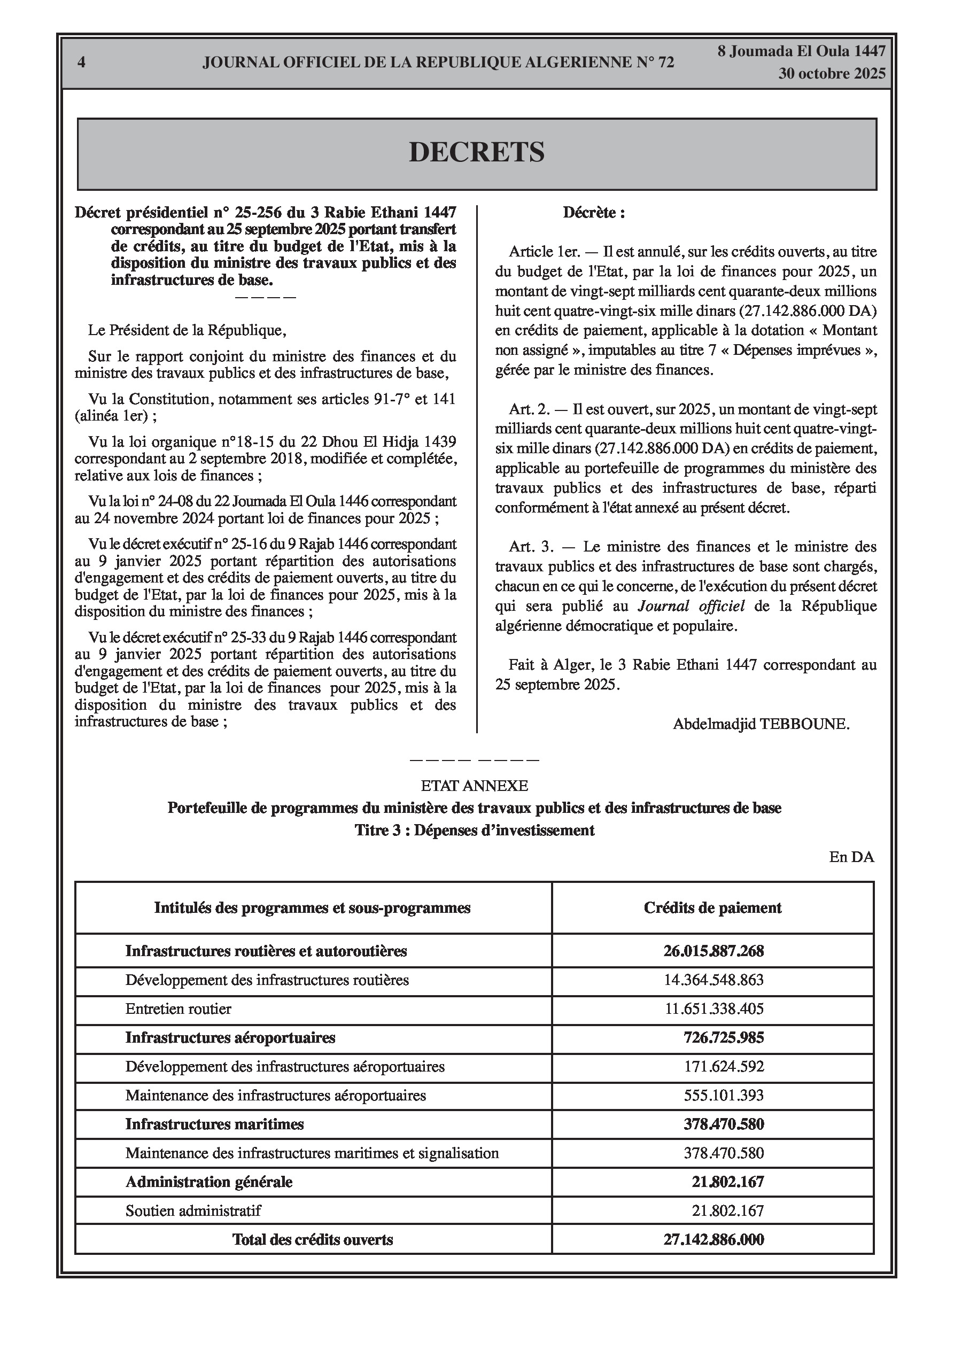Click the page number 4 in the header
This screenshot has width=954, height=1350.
click(81, 63)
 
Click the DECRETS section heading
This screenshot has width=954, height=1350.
click(476, 152)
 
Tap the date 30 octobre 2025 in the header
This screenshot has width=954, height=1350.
click(832, 74)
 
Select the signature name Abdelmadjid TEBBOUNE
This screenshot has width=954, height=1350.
click(761, 724)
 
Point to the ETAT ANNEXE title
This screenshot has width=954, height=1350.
click(474, 786)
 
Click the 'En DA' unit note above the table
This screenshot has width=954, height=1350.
click(851, 857)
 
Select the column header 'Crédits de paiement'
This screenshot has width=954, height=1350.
click(712, 908)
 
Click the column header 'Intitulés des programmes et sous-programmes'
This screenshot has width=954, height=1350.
click(312, 908)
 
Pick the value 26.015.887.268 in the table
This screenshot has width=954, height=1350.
click(713, 951)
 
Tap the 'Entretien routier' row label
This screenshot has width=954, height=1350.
click(178, 1009)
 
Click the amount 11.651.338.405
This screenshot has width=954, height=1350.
click(714, 1009)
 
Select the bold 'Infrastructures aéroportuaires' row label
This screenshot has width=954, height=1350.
click(230, 1038)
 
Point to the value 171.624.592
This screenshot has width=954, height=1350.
click(724, 1067)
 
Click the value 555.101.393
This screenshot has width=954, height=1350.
click(724, 1096)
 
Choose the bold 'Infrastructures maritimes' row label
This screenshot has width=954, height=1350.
click(214, 1124)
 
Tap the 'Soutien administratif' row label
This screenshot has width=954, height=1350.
click(193, 1211)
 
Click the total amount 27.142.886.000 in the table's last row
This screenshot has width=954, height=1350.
click(713, 1240)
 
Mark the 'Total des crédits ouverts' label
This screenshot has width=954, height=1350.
click(312, 1240)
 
